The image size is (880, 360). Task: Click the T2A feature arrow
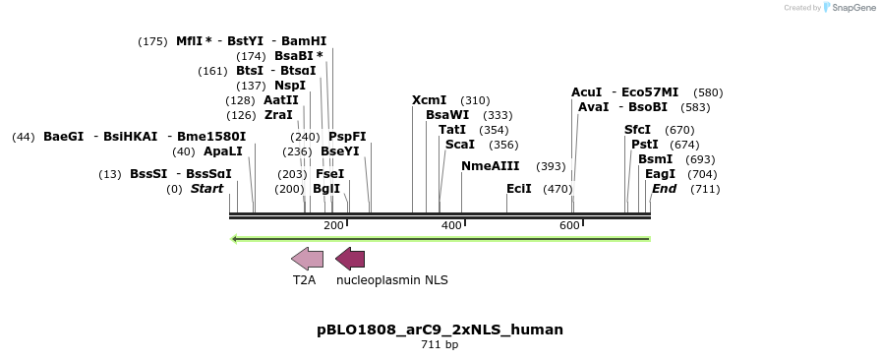click(x=307, y=259)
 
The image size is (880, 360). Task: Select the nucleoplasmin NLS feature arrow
click(x=350, y=259)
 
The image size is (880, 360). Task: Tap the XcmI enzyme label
click(x=429, y=100)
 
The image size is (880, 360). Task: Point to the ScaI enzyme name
click(x=460, y=145)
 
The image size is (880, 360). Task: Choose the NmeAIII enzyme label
click(x=491, y=166)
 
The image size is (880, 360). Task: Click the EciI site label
click(x=518, y=188)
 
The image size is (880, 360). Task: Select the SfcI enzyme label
click(x=637, y=130)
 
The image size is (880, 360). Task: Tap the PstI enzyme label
click(x=644, y=145)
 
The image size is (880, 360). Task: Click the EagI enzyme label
click(x=660, y=174)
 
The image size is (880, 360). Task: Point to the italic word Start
click(x=206, y=188)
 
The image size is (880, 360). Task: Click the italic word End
click(x=664, y=188)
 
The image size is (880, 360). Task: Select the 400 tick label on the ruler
click(x=451, y=226)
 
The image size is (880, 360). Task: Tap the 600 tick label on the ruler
click(x=569, y=226)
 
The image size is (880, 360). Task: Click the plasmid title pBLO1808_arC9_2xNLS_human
click(x=440, y=330)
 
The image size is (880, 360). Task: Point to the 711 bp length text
click(x=440, y=345)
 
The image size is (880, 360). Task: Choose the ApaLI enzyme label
click(x=222, y=151)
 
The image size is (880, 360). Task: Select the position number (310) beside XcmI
click(x=475, y=100)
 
